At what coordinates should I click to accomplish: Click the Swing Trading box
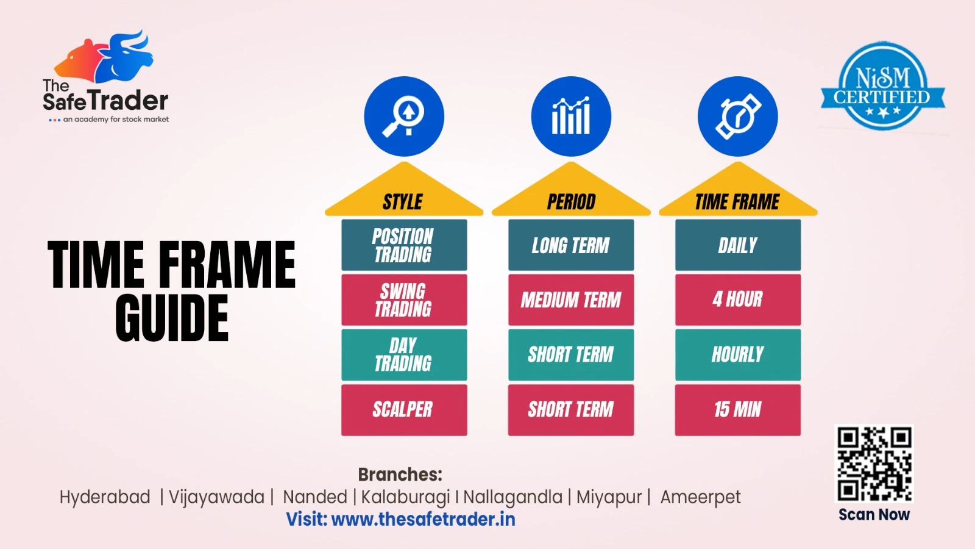[x=404, y=300]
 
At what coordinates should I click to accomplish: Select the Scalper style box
[x=404, y=410]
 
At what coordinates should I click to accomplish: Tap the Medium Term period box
[x=570, y=300]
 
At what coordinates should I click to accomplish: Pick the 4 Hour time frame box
[x=738, y=300]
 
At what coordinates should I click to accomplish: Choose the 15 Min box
[x=738, y=410]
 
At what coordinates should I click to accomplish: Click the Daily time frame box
[x=738, y=245]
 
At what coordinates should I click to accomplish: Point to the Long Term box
[x=570, y=245]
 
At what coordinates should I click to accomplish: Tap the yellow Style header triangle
[x=404, y=194]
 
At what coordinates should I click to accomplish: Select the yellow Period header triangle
[x=571, y=194]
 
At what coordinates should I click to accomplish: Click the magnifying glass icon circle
[x=404, y=117]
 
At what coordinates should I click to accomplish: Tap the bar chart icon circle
[x=571, y=117]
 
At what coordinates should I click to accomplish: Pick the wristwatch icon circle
[x=738, y=117]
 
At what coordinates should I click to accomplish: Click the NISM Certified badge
[x=883, y=86]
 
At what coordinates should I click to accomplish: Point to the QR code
[x=874, y=464]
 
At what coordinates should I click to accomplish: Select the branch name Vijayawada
[x=216, y=497]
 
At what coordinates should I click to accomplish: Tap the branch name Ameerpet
[x=700, y=497]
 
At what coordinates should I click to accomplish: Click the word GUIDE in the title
[x=172, y=318]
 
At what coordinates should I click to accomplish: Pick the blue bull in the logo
[x=126, y=57]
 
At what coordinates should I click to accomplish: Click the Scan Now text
[x=874, y=515]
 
